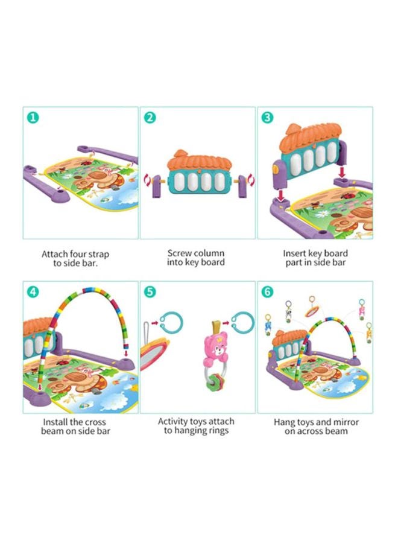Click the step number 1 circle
[33, 117]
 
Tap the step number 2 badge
[150, 117]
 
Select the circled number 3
[267, 117]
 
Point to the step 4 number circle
[33, 291]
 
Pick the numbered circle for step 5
[150, 291]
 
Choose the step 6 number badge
[267, 291]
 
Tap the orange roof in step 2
[200, 161]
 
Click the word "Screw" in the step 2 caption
[179, 253]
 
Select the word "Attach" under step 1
[55, 254]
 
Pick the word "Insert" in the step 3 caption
[295, 253]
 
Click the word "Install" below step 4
[56, 422]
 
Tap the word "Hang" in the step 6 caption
[285, 422]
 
